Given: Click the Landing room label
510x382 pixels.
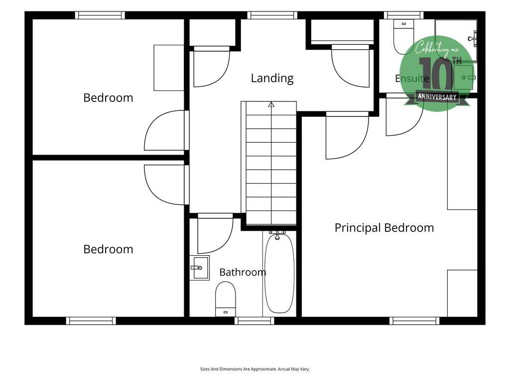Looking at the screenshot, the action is pos(272,78).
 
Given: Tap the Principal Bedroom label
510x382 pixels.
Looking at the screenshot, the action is pos(384,228).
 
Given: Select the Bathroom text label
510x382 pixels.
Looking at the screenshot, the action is pos(243,272).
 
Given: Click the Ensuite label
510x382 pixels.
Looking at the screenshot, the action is pos(412,78).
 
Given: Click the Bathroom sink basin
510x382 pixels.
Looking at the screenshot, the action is pos(199,268).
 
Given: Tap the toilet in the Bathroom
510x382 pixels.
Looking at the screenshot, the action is pos(226,299).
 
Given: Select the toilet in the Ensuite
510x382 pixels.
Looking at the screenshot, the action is pos(403,36).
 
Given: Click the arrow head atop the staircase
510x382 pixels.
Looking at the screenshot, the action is pos(271,104).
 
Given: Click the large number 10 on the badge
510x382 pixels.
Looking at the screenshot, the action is pos(436,74).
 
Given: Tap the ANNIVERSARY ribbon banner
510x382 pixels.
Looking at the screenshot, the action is pos(437,97).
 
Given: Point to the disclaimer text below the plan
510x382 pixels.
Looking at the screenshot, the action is pos(255,369).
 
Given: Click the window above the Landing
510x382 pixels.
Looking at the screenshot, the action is pos(272,15).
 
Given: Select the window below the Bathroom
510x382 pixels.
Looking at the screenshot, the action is pos(255,321).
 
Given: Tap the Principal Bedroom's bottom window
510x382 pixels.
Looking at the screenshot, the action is pos(414,321).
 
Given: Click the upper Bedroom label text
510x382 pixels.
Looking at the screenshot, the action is pos(108,98).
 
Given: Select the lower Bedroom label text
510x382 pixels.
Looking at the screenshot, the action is pos(108,250).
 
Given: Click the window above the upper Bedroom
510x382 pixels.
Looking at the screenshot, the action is pos(100,15).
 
